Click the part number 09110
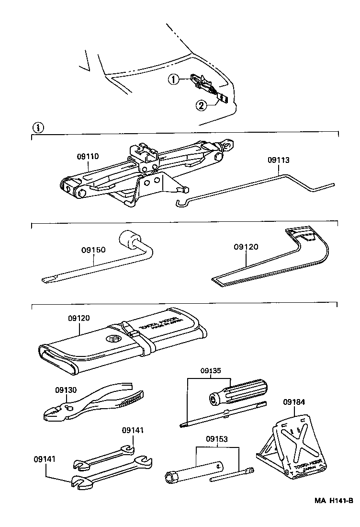pos(88,157)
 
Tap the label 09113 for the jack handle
pos(279,160)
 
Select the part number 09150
pos(93,250)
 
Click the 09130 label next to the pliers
pos(65,390)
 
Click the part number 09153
pos(218,438)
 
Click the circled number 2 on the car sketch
pos(202,105)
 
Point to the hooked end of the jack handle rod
pos(181,204)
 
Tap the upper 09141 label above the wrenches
pos(132,431)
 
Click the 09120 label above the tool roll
pos(79,318)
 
